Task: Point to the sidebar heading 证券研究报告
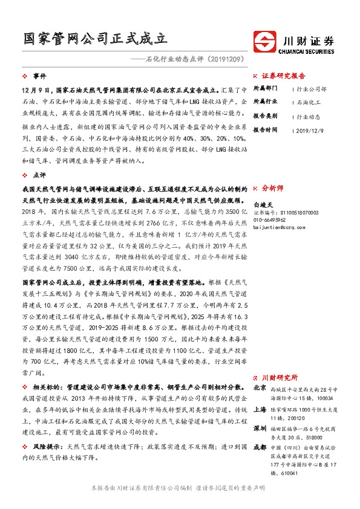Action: coord(283,76)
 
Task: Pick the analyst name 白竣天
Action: coord(264,206)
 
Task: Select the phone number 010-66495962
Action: coord(270,220)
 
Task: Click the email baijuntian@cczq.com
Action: coord(278,227)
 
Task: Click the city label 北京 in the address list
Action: coord(260,387)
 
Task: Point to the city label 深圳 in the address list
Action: coord(260,427)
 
